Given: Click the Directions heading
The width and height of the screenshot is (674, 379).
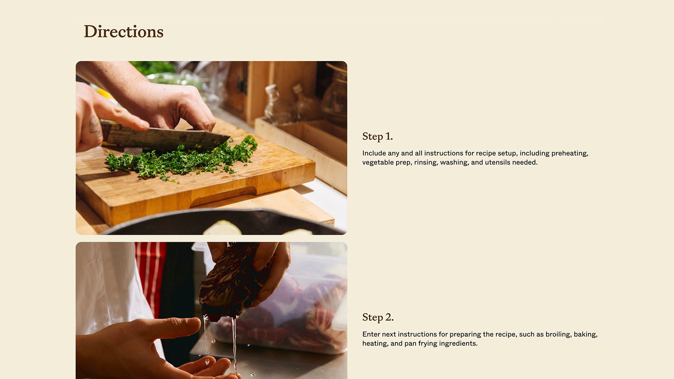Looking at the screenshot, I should (123, 32).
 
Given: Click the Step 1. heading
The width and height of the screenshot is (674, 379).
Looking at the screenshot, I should (377, 136).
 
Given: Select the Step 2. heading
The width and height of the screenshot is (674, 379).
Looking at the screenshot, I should (378, 317).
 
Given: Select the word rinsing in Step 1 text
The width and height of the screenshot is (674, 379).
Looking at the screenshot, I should (425, 162).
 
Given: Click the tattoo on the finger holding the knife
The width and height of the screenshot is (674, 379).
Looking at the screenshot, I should (94, 125).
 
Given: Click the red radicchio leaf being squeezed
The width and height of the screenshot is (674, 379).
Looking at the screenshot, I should (232, 281).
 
